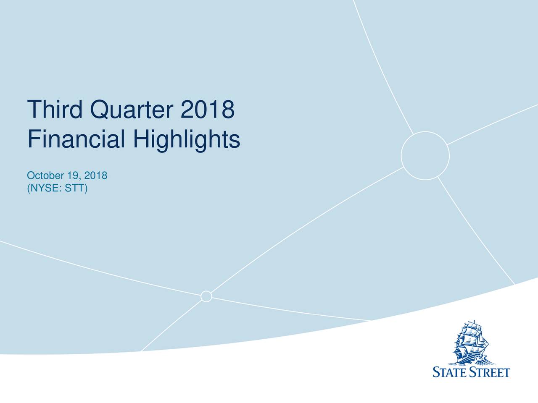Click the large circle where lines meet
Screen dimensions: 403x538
425,156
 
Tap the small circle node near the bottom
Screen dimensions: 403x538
206,296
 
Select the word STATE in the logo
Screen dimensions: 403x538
450,372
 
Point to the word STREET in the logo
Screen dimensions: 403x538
490,372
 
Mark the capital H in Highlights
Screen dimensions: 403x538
142,139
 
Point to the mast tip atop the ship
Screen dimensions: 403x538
474,321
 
